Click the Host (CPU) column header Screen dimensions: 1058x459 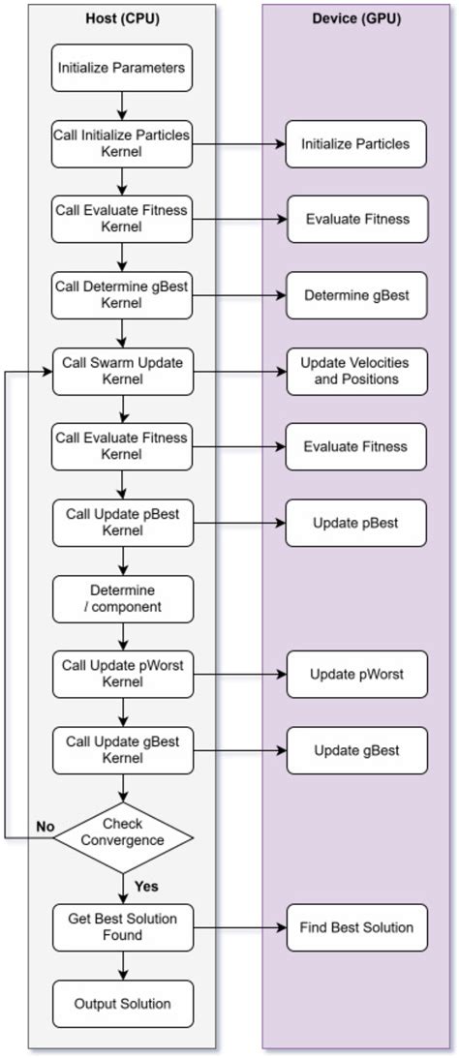(122, 19)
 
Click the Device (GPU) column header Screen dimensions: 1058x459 (357, 19)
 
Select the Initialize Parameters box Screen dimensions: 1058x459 (122, 68)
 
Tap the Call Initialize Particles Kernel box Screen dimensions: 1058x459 (122, 142)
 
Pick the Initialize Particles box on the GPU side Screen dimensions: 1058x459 (356, 143)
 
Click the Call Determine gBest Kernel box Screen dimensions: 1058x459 (122, 294)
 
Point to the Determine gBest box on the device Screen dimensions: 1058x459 (356, 294)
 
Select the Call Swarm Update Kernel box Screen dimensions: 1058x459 (122, 371)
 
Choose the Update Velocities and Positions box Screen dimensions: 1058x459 (356, 371)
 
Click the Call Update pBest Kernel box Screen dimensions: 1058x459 (122, 523)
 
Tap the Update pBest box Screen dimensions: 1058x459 (356, 523)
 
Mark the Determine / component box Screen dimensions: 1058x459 (122, 598)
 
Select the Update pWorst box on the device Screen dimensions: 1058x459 (356, 674)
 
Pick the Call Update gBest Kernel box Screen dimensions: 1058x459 (122, 750)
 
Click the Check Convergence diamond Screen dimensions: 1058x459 (123, 832)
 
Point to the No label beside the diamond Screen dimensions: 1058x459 (45, 826)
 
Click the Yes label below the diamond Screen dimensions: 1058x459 (146, 885)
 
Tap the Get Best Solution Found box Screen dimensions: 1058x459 (122, 926)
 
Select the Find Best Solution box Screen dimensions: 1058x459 (356, 927)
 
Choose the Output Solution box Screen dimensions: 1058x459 (122, 1004)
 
